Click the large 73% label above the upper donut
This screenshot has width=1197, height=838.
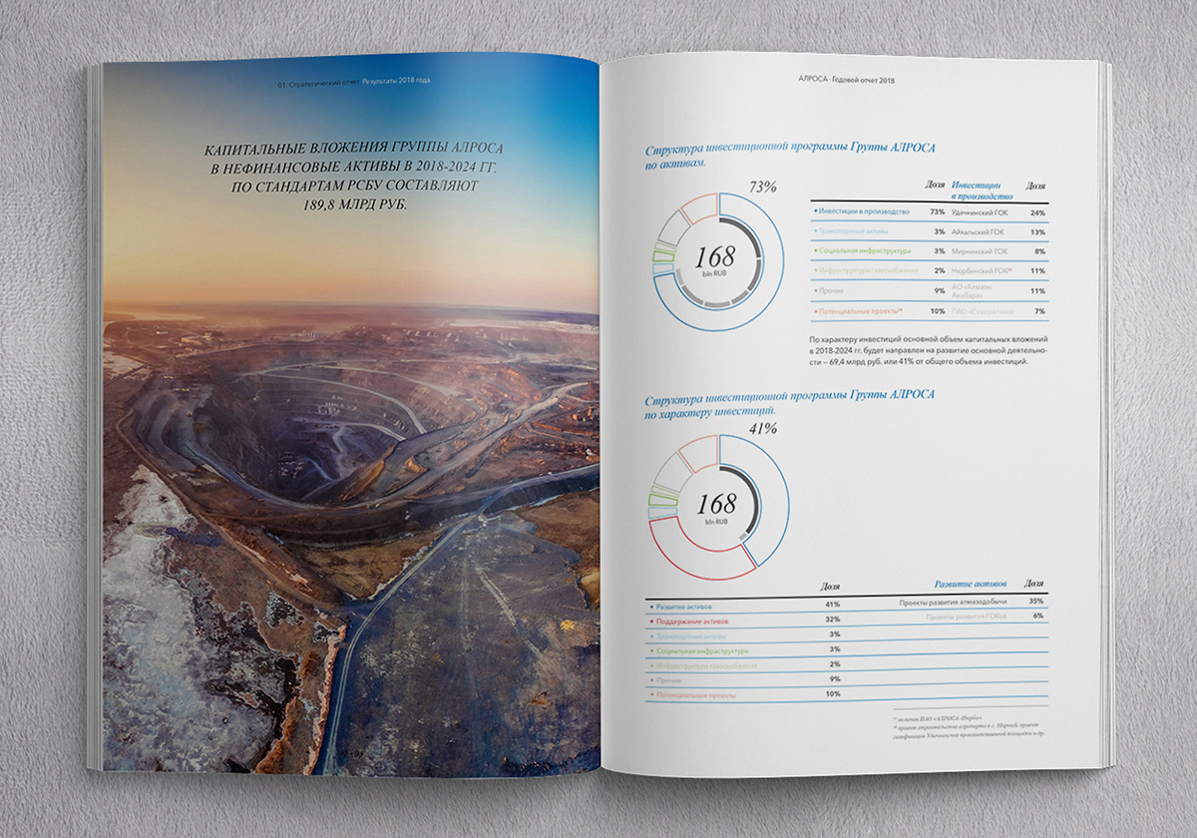coord(762,187)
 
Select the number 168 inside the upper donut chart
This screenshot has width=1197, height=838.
coord(715,254)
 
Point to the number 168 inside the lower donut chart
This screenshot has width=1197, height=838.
coord(715,503)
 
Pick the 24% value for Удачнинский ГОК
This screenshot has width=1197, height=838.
coord(1037,212)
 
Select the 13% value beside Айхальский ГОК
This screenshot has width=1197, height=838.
coord(1037,231)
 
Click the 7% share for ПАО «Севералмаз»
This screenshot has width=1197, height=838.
coord(1038,312)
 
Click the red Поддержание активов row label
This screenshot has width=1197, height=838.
coord(688,621)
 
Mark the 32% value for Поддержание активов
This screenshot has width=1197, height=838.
coord(833,621)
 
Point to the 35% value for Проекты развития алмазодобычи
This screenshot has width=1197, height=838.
coord(1036,602)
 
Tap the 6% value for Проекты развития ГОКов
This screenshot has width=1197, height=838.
coord(1037,617)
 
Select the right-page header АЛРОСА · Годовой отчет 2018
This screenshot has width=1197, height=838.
coord(846,80)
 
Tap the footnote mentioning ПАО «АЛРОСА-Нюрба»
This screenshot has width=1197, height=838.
coord(938,719)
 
